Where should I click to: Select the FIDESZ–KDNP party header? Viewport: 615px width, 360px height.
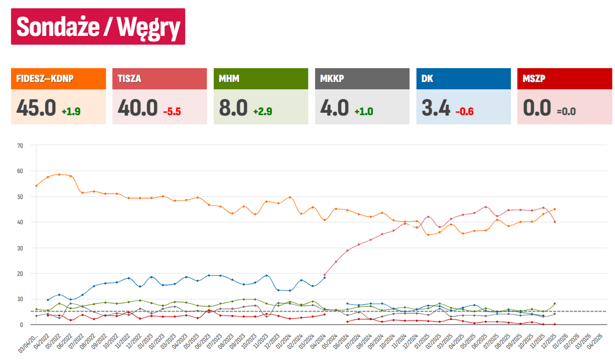point(58,79)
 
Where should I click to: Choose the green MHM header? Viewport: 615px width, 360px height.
point(261,79)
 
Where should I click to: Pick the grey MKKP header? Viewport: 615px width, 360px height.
point(362,79)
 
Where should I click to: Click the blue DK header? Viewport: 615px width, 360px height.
point(464,79)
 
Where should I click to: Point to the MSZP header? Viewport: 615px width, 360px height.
point(565,79)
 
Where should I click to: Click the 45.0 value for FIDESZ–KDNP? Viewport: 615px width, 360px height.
point(36,108)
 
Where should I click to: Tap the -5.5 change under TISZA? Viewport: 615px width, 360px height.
point(173,111)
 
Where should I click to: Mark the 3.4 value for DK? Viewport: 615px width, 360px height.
point(436,108)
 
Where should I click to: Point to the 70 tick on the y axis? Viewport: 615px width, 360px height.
point(20,145)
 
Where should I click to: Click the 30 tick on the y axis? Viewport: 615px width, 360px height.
point(20,248)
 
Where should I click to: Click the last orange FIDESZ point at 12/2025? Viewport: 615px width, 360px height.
point(555,209)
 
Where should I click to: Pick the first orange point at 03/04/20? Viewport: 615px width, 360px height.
point(36,185)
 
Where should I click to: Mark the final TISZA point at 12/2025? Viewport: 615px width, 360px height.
point(555,222)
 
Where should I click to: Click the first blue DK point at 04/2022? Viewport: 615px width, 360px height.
point(48,300)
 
